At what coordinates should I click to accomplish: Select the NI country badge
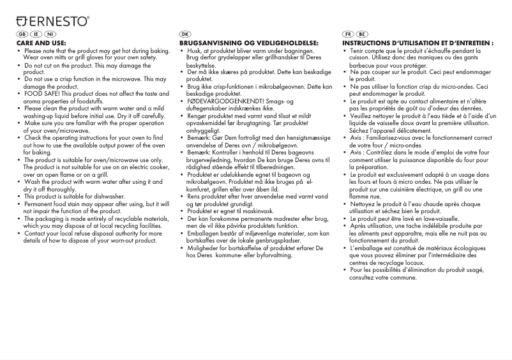tap(50, 34)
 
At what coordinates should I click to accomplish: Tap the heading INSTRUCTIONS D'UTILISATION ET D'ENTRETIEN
tap(418, 43)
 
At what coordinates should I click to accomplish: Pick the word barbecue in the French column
tap(362, 65)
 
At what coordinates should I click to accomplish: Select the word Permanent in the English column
tap(41, 204)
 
